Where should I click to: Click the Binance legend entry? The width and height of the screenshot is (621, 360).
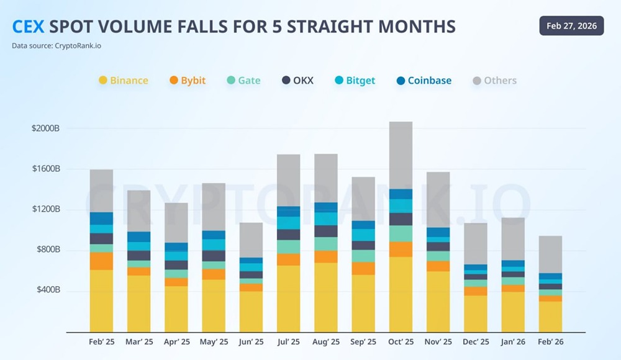click(124, 81)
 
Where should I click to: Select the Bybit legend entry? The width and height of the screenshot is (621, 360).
click(188, 81)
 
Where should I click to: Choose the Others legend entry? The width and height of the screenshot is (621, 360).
click(494, 81)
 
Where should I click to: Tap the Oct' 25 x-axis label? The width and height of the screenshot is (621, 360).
click(401, 342)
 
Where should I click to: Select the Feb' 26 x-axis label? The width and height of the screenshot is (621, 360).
click(550, 342)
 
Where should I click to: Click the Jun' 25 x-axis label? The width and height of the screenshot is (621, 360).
click(251, 342)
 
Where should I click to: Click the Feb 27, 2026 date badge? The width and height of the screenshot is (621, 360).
click(571, 26)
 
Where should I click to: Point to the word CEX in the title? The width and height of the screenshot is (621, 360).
click(29, 27)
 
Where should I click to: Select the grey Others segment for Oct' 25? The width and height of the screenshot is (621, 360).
click(401, 155)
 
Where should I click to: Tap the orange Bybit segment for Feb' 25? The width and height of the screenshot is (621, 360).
click(101, 261)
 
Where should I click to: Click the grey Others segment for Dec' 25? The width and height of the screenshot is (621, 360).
click(476, 243)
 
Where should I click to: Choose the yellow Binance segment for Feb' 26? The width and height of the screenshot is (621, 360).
click(550, 317)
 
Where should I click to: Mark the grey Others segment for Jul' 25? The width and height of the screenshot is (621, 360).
click(288, 180)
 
